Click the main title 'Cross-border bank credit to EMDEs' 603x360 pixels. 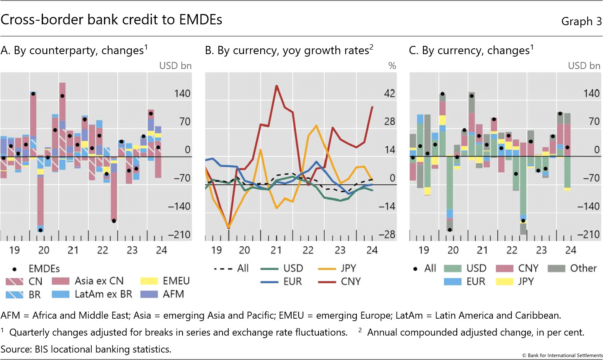click(112, 20)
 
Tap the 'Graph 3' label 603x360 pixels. click(581, 21)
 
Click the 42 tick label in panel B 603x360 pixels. click(389, 93)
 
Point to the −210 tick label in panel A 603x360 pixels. click(179, 235)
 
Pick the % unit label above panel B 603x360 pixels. click(392, 66)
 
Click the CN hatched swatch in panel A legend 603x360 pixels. click(14, 281)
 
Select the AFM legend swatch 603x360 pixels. click(149, 294)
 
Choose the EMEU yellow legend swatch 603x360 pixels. click(149, 281)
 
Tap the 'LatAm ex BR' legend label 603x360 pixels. click(103, 294)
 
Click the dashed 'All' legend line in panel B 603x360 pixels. click(223, 269)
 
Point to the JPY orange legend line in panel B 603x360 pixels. click(327, 269)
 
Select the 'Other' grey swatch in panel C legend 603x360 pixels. click(556, 269)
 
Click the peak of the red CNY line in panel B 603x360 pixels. click(276, 86)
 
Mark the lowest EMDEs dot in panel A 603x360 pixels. click(40, 230)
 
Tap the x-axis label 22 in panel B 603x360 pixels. click(308, 250)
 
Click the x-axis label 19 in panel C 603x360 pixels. click(424, 250)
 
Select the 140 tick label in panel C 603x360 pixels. click(591, 93)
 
